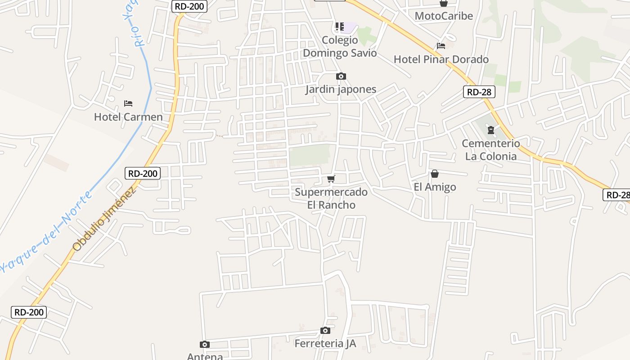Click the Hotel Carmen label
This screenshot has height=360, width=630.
coord(128,117)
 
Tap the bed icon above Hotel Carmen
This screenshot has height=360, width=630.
coord(128,103)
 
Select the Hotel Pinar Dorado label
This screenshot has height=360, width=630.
coord(441,59)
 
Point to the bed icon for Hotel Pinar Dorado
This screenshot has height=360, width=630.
coord(441,46)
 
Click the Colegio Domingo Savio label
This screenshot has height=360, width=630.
coord(340,47)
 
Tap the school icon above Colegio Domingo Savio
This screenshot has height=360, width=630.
coord(340,27)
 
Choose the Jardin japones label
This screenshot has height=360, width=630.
coord(341,89)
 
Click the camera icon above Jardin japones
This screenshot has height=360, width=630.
coord(341,76)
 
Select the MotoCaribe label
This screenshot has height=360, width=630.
coord(444,16)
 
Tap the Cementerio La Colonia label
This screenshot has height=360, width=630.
coord(491,150)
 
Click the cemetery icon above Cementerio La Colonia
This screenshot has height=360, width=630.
coord(490,130)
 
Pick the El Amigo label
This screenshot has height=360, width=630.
coord(435,187)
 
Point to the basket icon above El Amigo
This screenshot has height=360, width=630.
coord(435,174)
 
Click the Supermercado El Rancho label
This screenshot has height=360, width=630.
coord(331,198)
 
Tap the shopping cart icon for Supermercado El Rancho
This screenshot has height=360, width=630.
coord(331,179)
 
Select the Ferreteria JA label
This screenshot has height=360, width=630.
coord(325,344)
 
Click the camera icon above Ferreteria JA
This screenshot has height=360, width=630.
coord(325,331)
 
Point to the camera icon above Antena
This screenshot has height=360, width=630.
coord(205,345)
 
